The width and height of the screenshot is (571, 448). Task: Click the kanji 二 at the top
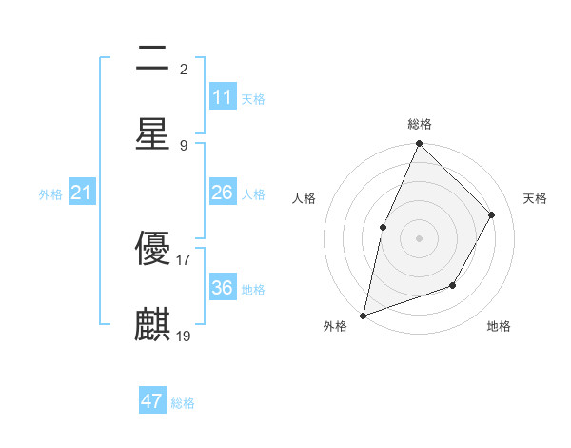[152, 60]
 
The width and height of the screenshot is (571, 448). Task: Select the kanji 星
[152, 134]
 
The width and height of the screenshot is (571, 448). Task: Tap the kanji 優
[152, 250]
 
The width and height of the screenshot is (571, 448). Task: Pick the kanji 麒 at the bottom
[152, 325]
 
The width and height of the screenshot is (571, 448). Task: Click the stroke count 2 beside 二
[184, 70]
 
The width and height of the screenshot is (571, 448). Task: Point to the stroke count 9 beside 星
[184, 145]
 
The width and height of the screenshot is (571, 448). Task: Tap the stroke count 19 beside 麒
[184, 336]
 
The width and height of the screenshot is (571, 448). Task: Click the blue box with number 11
[223, 97]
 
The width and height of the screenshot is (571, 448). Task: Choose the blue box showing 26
[223, 193]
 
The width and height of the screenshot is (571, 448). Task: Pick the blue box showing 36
[223, 288]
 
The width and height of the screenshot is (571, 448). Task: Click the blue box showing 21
[82, 193]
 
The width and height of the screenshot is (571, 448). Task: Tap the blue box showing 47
[152, 401]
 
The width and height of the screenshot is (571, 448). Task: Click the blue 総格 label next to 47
[184, 403]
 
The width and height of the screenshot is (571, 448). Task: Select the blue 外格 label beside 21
[50, 194]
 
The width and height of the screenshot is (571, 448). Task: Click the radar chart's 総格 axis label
[419, 124]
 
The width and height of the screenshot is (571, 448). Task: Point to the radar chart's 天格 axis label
[535, 198]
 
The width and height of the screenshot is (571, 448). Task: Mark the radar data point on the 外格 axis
[363, 315]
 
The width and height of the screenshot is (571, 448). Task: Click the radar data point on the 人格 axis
[383, 227]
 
